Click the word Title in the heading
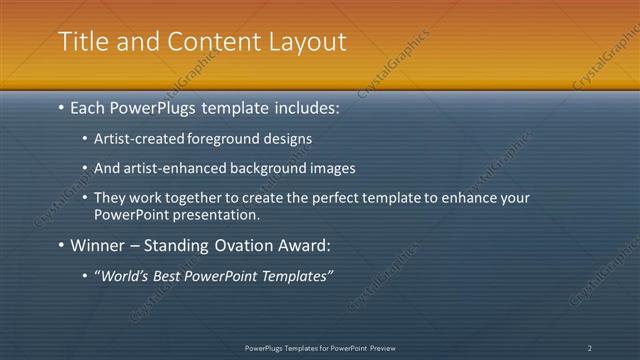pos(80,42)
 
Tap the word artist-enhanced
pos(172,169)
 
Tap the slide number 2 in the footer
pos(589,348)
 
